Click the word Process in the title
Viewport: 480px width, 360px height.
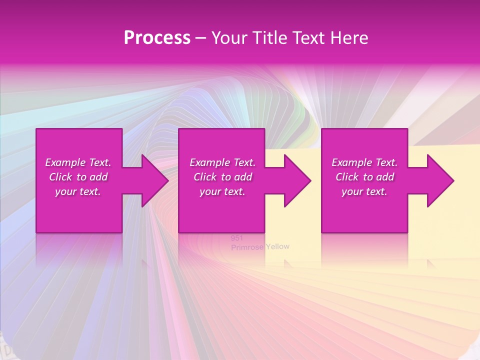pyautogui.click(x=157, y=38)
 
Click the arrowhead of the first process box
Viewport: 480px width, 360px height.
pyautogui.click(x=154, y=180)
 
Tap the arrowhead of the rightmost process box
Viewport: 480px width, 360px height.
pyautogui.click(x=440, y=180)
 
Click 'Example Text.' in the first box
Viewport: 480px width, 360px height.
pyautogui.click(x=78, y=162)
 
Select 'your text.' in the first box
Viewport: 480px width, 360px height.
pyautogui.click(x=78, y=191)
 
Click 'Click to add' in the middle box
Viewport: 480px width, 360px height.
pyautogui.click(x=222, y=177)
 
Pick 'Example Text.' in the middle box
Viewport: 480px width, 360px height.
pyautogui.click(x=222, y=162)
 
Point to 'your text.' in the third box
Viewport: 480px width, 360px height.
pyautogui.click(x=364, y=191)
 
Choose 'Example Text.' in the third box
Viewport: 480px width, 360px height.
pyautogui.click(x=364, y=162)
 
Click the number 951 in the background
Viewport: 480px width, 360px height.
pyautogui.click(x=236, y=238)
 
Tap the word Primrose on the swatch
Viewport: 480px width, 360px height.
pyautogui.click(x=247, y=247)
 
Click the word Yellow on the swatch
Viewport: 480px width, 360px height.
pyautogui.click(x=277, y=246)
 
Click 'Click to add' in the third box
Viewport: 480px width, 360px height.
pyautogui.click(x=364, y=177)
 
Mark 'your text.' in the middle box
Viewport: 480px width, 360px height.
pyautogui.click(x=222, y=191)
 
